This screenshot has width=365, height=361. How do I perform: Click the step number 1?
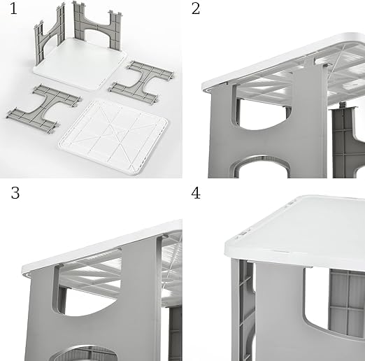tap(13, 9)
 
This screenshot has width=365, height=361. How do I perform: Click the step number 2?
tap(196, 9)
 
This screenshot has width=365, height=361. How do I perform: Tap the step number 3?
tap(15, 193)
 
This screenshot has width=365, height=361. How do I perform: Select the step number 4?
tap(196, 193)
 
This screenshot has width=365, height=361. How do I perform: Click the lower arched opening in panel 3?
tap(84, 353)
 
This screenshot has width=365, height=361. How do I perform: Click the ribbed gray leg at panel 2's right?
tap(348, 142)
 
